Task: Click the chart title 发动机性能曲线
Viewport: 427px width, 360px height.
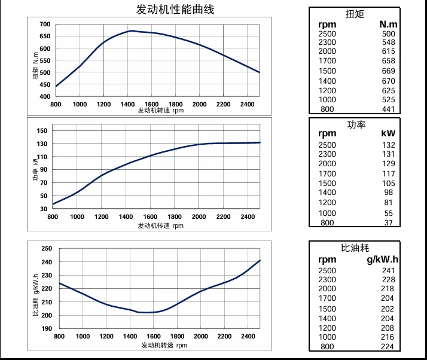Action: [175, 10]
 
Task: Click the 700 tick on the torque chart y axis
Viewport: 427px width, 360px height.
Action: [45, 25]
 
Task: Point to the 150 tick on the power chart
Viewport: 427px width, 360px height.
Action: [42, 130]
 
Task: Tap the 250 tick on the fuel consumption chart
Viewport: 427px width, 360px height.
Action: [47, 249]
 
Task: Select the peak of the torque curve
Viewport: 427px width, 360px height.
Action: [132, 30]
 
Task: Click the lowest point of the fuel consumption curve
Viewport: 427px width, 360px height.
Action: [146, 312]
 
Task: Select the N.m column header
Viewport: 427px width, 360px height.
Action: [388, 24]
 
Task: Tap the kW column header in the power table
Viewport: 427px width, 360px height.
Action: [388, 134]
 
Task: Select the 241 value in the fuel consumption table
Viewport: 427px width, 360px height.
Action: [388, 270]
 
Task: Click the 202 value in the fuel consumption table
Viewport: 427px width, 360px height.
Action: [388, 309]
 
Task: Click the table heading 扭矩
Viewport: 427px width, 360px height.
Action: [355, 14]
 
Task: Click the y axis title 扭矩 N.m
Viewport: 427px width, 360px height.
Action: [36, 66]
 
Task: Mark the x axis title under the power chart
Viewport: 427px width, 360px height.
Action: [161, 225]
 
